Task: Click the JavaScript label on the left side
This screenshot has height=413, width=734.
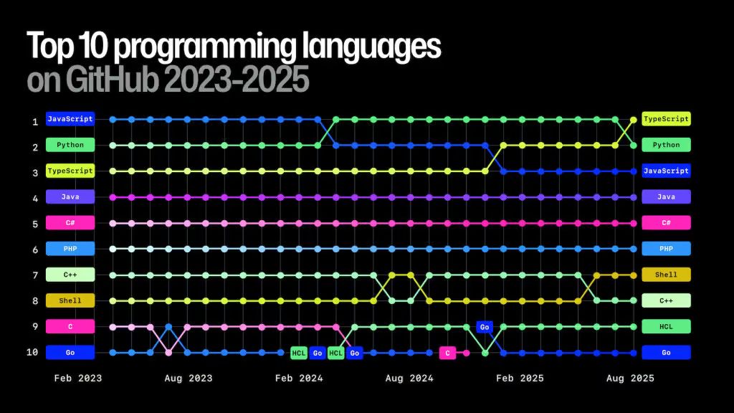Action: [70, 119]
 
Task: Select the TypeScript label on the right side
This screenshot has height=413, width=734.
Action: [666, 119]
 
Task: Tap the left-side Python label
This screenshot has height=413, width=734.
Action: [70, 145]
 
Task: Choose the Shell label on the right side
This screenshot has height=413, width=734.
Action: [666, 275]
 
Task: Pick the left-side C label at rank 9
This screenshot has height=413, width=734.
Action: [70, 326]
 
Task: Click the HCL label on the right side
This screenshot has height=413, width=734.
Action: [666, 326]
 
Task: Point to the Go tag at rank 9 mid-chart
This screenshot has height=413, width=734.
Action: [485, 327]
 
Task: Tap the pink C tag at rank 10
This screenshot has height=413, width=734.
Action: [447, 353]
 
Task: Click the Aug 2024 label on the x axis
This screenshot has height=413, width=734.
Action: [410, 379]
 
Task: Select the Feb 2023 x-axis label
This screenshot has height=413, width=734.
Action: [78, 379]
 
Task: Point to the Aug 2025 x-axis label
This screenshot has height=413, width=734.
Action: [631, 379]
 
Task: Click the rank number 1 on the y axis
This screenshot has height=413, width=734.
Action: [34, 122]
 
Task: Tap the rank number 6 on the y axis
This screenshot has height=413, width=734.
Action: [34, 250]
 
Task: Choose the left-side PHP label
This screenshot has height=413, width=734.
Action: [70, 249]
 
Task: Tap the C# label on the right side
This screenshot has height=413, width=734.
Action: [666, 223]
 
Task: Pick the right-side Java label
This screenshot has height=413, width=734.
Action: [666, 196]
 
